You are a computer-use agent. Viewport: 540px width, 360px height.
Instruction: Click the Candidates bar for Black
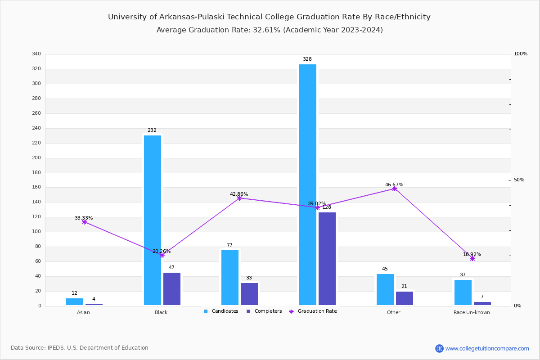click(153, 220)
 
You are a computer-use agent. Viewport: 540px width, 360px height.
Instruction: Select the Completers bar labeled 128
click(327, 259)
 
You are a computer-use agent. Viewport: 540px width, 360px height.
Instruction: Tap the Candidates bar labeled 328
click(308, 184)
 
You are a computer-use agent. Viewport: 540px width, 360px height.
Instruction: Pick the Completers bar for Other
click(405, 298)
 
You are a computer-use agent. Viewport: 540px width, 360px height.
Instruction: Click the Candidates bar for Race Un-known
click(463, 292)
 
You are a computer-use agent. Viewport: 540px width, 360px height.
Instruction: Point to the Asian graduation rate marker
click(84, 222)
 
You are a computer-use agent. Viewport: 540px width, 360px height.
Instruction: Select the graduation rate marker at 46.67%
click(395, 189)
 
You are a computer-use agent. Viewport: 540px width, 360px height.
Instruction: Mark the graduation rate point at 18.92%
click(472, 258)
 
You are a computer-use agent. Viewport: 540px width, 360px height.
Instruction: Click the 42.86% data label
click(239, 194)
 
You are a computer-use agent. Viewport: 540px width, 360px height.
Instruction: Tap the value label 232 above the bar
click(152, 130)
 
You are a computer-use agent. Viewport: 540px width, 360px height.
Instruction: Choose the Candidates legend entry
click(221, 311)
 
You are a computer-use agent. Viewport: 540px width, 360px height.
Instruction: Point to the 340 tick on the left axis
click(36, 54)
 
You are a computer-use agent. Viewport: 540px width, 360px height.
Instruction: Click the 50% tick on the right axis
click(519, 180)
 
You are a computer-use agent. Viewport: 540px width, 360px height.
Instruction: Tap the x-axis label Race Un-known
click(472, 312)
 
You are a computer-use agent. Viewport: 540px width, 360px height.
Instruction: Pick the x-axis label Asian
click(83, 312)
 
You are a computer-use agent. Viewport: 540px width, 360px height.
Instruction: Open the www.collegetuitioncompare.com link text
click(487, 348)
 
